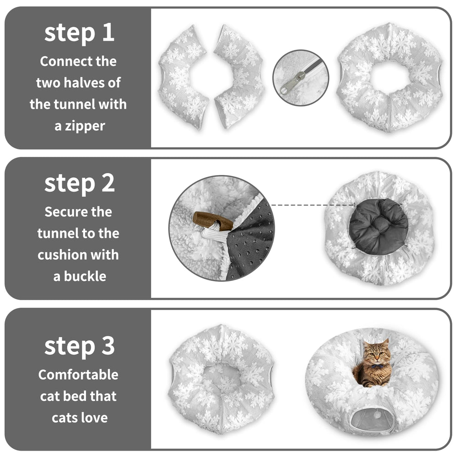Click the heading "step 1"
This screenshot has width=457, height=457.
(79, 33)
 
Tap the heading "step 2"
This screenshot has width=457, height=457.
(79, 184)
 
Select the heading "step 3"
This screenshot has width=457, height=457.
(79, 346)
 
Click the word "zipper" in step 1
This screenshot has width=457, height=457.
(85, 127)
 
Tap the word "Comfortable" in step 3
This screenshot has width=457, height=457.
(78, 375)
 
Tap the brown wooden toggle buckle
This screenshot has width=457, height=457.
(213, 220)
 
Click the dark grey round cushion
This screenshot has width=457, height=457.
(378, 227)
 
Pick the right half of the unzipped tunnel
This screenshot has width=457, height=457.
(239, 76)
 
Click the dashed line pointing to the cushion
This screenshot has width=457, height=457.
(313, 205)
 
